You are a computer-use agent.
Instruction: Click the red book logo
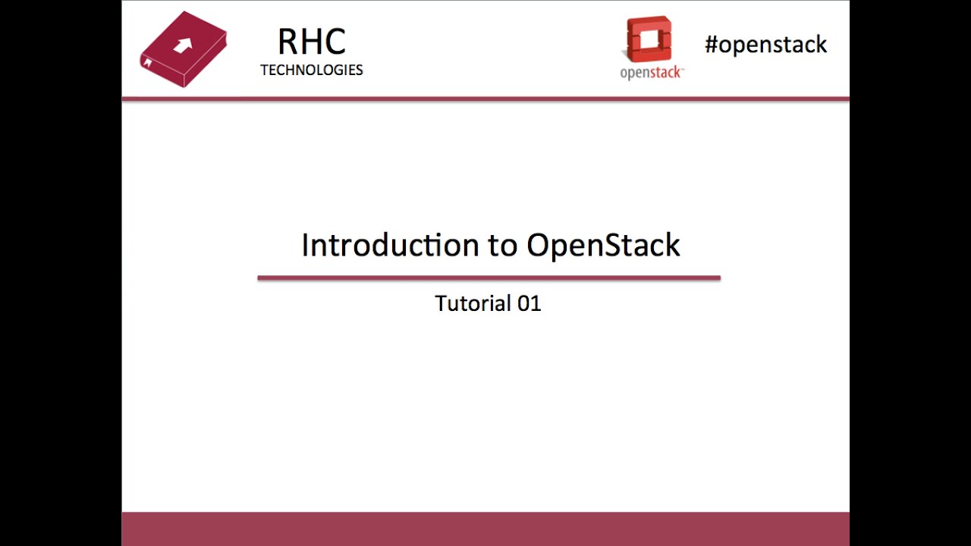184,49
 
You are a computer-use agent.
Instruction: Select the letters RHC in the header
312,42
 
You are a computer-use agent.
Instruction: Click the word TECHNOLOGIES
312,70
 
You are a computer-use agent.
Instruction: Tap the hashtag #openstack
765,45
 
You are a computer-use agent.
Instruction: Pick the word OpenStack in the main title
604,246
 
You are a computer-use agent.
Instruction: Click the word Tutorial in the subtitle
471,303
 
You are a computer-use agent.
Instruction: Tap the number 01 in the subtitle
529,303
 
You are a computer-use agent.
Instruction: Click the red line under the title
489,278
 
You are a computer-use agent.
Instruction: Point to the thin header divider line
485,99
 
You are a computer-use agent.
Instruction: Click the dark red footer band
485,529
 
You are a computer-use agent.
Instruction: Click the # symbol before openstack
711,45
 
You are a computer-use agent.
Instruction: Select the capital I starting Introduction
306,245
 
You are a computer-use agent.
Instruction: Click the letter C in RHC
335,42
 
